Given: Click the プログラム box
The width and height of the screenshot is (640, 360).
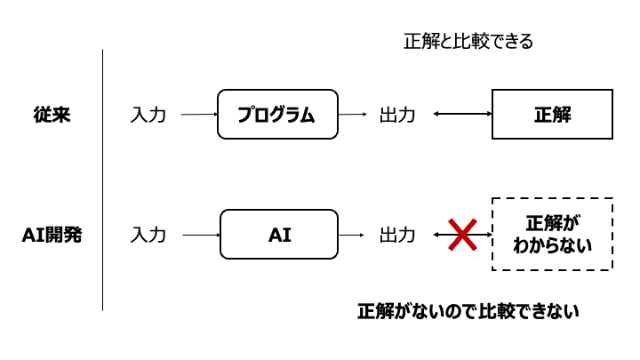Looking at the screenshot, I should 277,114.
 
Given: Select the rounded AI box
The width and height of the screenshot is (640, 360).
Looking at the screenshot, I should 279,235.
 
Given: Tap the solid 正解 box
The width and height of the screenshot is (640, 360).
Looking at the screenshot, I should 552,114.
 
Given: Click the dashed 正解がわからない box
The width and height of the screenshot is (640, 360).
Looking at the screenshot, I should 552,234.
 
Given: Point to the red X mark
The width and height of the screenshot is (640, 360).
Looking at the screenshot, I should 462,235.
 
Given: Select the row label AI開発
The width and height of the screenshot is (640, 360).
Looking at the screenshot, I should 51,236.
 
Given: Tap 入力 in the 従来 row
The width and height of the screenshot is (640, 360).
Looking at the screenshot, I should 148,115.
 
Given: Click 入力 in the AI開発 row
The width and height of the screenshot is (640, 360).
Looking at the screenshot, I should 148,236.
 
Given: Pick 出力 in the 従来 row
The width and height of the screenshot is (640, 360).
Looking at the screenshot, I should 397,115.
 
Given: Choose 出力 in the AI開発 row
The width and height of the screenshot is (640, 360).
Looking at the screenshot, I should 397,236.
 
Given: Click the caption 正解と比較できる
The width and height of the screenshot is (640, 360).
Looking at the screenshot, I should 468,41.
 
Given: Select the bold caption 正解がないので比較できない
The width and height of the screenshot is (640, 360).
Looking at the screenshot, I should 468,312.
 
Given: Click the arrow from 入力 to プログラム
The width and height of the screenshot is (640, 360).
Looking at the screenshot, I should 198,114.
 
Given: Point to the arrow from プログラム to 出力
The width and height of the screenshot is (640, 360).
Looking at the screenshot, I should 353,114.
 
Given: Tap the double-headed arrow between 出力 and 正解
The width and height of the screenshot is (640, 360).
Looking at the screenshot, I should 462,114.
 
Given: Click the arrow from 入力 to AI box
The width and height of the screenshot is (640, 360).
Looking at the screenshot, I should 200,235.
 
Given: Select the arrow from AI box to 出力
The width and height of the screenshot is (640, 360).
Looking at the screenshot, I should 352,235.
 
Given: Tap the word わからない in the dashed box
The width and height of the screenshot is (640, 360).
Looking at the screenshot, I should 552,244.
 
